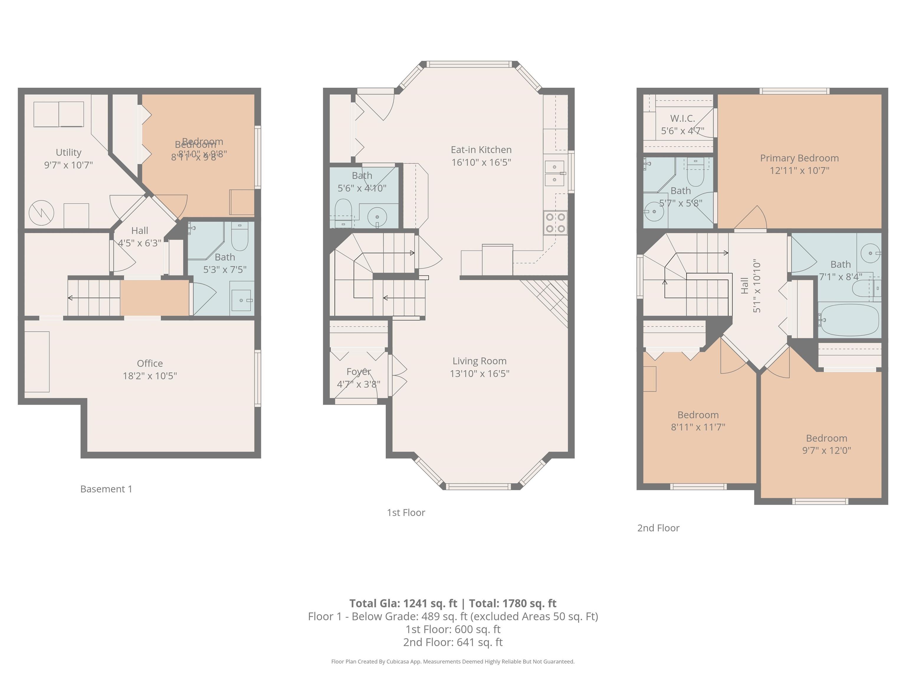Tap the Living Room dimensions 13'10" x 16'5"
coord(479,373)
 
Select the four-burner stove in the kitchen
coord(555,223)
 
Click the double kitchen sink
coord(554,173)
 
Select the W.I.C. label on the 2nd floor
coord(682,118)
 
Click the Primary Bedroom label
coord(799,158)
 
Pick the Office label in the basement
coord(150,363)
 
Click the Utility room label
coord(68,152)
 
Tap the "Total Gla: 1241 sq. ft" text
coord(403,603)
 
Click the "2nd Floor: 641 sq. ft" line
coord(453,642)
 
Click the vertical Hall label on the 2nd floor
coord(745,285)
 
